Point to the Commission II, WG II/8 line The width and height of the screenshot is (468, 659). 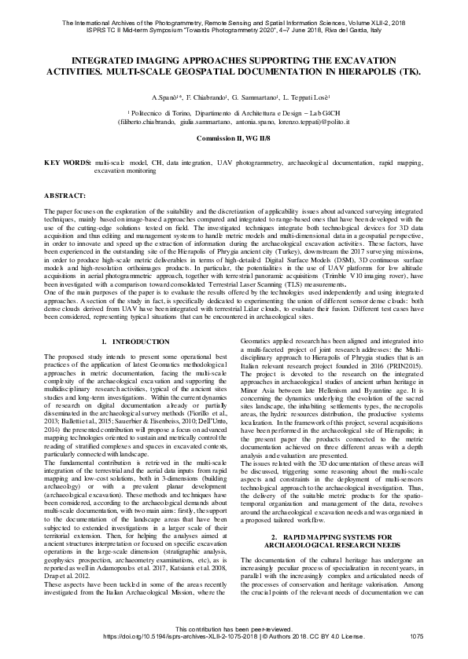point(234,137)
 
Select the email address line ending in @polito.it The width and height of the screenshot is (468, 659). point(234,123)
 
